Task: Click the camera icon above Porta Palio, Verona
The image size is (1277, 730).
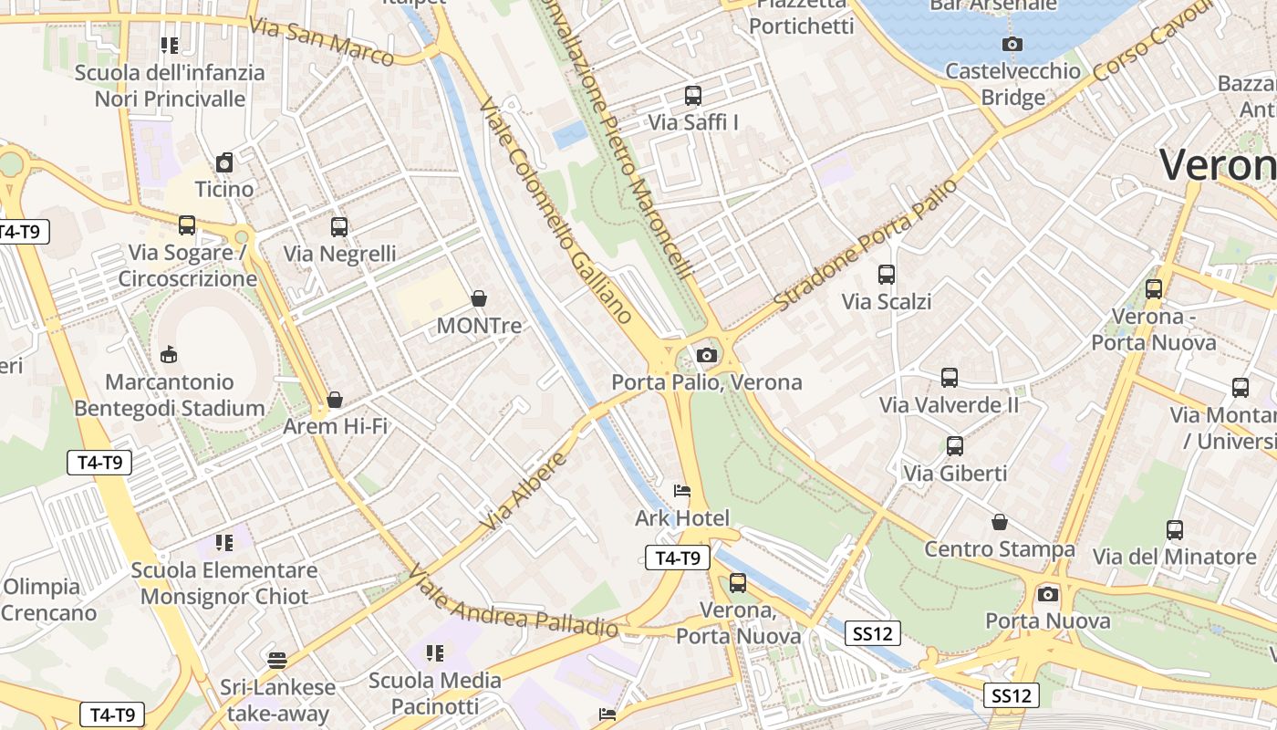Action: [706, 356]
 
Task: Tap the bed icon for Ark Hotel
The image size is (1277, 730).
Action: [681, 491]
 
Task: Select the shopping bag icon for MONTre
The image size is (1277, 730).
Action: [478, 298]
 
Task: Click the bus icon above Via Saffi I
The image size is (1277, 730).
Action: [693, 95]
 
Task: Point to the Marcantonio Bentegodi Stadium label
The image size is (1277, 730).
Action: [170, 395]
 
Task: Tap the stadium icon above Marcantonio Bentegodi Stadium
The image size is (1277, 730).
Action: [169, 354]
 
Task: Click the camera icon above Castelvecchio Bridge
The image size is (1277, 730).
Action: [1012, 44]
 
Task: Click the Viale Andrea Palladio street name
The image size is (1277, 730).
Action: [513, 600]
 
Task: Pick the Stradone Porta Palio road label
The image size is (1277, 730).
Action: [866, 244]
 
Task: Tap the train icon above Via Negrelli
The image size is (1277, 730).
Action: [339, 226]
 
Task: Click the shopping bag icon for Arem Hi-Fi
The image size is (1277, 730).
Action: [335, 400]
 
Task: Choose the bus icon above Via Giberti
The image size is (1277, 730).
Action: [955, 446]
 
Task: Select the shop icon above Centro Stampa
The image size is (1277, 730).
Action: [1000, 522]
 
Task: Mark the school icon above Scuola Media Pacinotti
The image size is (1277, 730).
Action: [435, 653]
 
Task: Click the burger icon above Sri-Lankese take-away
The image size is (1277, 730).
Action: [277, 660]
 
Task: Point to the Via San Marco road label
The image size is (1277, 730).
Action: [321, 41]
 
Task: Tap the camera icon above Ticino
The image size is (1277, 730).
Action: [224, 162]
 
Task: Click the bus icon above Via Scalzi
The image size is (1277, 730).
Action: [886, 274]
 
